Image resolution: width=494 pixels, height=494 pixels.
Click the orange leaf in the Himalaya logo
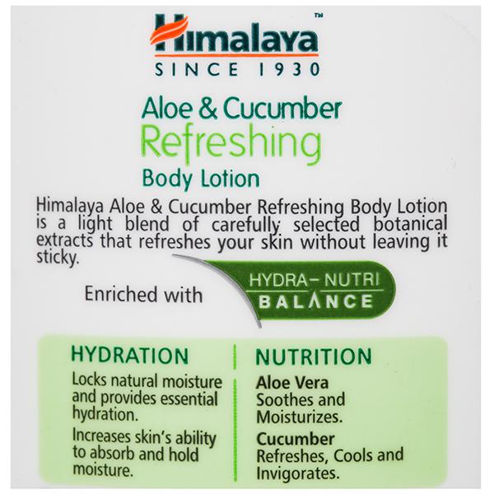(169, 30)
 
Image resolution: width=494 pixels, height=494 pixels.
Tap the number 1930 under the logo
(290, 69)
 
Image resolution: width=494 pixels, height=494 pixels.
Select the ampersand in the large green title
(208, 109)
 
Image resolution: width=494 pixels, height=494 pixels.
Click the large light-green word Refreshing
(231, 142)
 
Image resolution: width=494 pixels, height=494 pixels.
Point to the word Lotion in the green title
(231, 179)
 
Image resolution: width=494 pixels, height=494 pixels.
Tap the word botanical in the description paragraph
(410, 223)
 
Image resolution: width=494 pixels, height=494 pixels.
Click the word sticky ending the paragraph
(57, 258)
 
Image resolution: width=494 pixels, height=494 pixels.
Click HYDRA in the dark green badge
(278, 280)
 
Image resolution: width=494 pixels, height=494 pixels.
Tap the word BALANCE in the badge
(315, 301)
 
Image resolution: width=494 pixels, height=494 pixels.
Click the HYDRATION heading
(130, 356)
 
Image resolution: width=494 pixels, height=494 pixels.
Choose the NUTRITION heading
(314, 357)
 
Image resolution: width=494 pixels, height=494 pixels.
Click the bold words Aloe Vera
(292, 383)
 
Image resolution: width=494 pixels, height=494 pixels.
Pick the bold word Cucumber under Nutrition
(296, 439)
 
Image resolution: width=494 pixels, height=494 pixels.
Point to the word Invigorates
(298, 473)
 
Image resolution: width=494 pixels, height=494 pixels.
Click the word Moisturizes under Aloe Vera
(300, 417)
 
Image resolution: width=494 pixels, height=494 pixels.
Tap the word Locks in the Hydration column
(90, 380)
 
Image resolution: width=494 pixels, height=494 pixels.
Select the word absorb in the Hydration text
(110, 454)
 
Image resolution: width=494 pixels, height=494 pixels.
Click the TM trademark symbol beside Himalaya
(319, 15)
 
